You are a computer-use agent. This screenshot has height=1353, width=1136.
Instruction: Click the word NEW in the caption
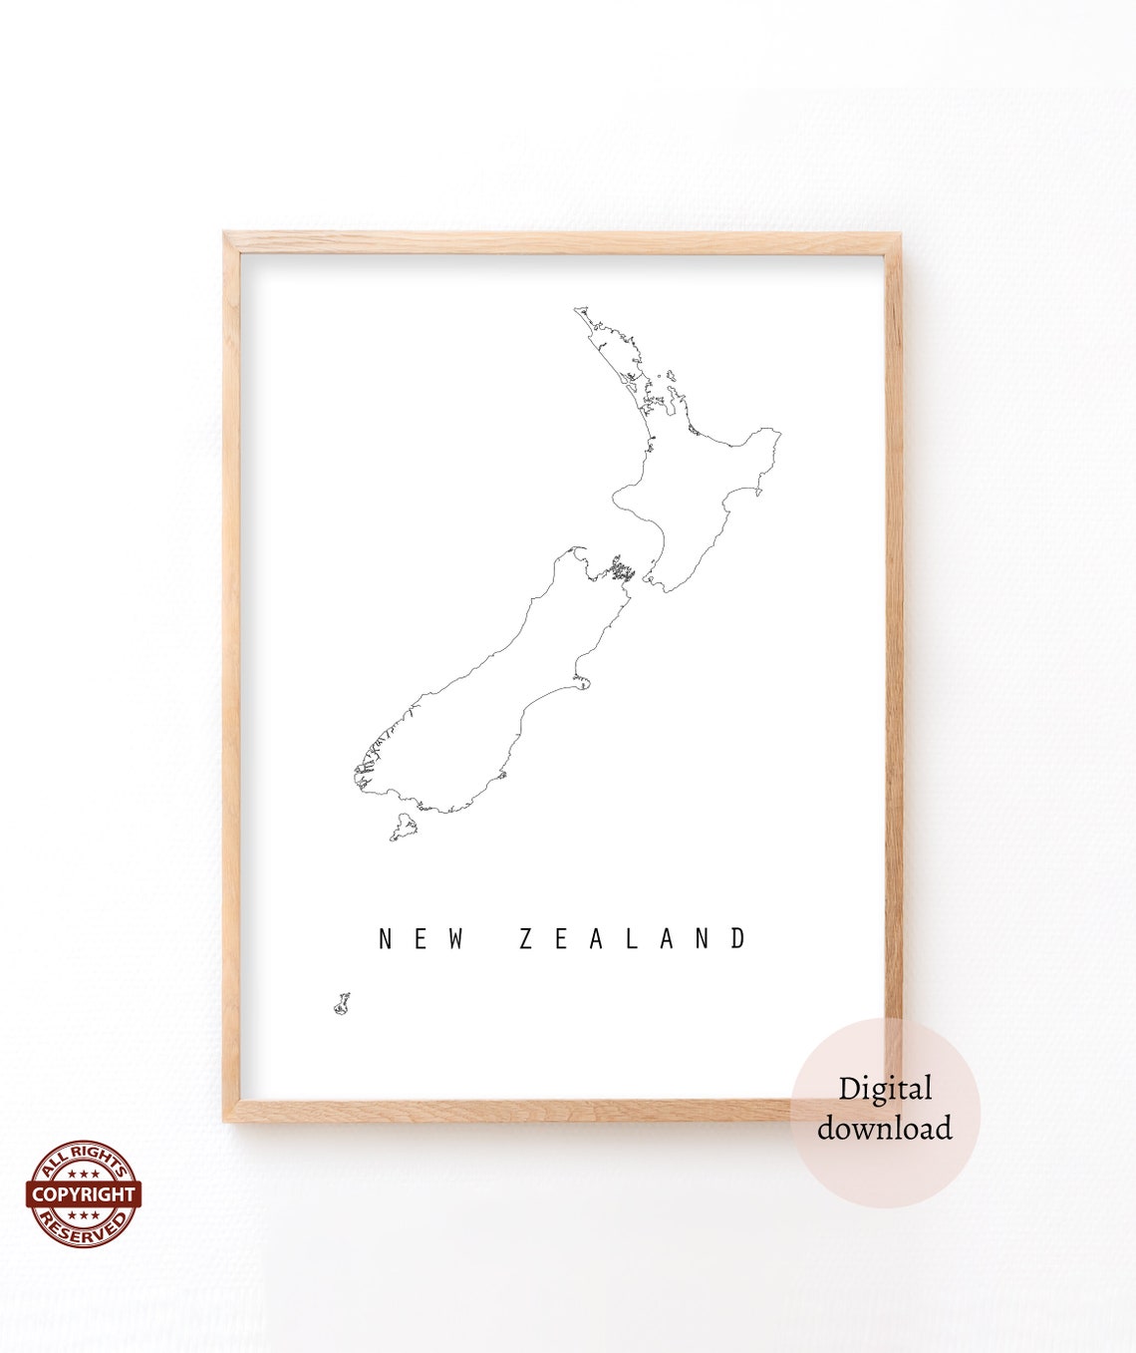click(422, 939)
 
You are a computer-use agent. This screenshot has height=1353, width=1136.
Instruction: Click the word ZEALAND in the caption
click(633, 939)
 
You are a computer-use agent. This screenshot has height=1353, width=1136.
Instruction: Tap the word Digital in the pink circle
click(884, 1088)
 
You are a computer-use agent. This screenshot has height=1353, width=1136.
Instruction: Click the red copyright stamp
click(83, 1193)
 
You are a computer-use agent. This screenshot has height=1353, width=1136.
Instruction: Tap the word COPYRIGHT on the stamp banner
click(83, 1193)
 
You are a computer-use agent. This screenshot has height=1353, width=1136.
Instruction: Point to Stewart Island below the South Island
click(404, 828)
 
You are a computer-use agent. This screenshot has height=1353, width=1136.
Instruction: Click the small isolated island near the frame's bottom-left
click(342, 1003)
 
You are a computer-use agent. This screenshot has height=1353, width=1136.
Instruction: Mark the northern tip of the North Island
click(578, 311)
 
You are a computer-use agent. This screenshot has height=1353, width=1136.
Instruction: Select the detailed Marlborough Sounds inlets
click(622, 570)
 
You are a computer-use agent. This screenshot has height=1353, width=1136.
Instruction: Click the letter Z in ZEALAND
click(527, 939)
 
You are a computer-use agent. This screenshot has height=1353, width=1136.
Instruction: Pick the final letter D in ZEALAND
click(738, 939)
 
